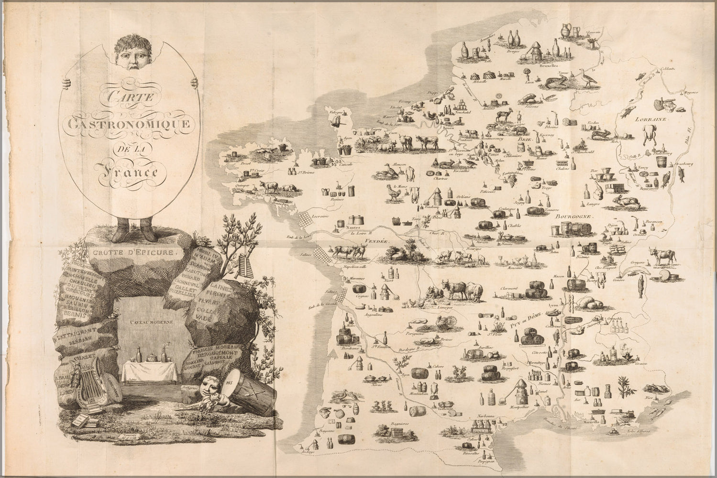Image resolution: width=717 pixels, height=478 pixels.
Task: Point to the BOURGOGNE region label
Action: pos(574,216)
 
